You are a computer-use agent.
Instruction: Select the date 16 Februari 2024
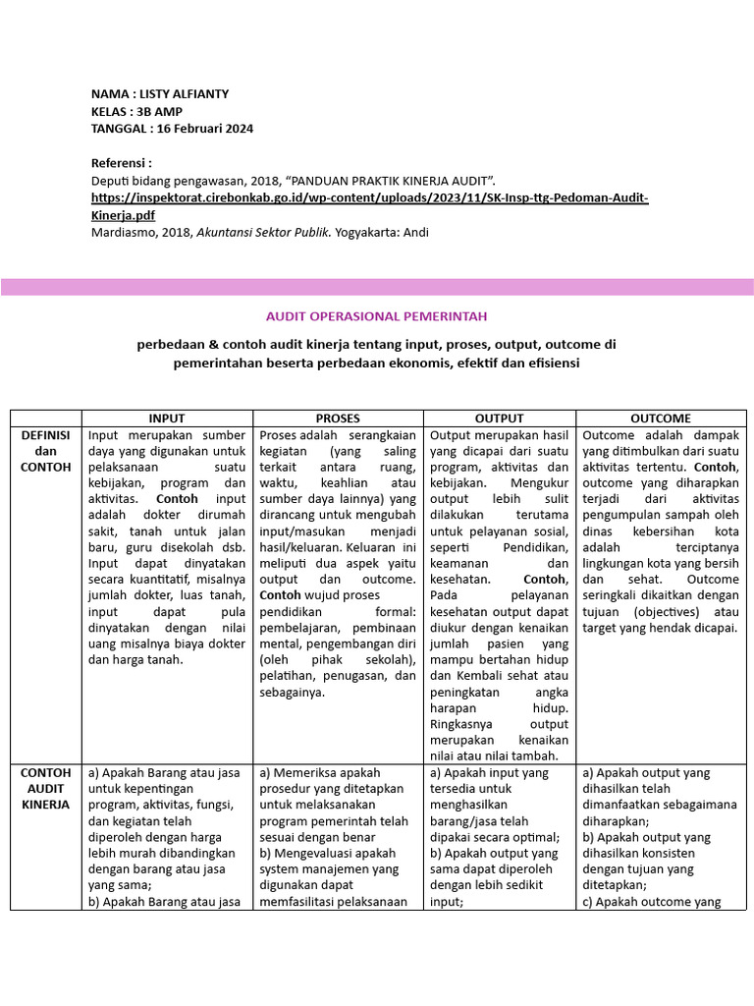coord(206,129)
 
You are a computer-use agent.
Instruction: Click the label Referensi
coord(121,163)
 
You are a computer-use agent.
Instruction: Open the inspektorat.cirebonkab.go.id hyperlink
coord(370,198)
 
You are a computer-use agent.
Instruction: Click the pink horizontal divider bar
coord(377,287)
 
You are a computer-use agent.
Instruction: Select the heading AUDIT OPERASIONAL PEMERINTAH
coord(376,316)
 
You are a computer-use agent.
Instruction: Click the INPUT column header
coord(167,418)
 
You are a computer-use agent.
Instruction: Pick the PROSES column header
coord(338,418)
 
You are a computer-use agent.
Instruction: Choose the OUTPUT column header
coord(499,418)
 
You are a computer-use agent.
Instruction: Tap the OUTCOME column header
coord(661,418)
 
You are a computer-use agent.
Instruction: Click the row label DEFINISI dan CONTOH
coord(46,451)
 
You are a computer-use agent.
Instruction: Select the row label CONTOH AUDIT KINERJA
coord(46,788)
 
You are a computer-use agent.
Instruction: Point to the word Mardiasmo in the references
coord(123,232)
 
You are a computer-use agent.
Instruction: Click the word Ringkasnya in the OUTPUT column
coord(463,724)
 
